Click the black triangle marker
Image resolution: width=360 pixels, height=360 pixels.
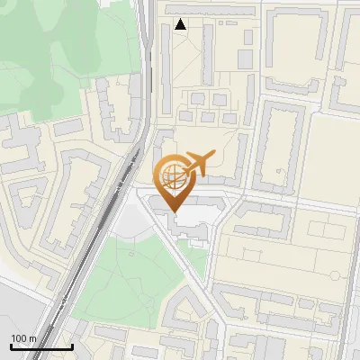[x=181, y=24]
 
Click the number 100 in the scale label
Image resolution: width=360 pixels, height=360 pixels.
[x=19, y=337]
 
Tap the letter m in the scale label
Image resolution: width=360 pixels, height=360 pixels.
[x=33, y=337]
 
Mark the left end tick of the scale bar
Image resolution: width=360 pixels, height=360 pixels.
[x=11, y=346]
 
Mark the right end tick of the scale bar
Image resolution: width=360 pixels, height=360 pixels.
[x=72, y=346]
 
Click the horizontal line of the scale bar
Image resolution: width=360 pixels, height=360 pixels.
[x=41, y=347]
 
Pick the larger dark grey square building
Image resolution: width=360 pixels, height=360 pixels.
[x=245, y=58]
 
